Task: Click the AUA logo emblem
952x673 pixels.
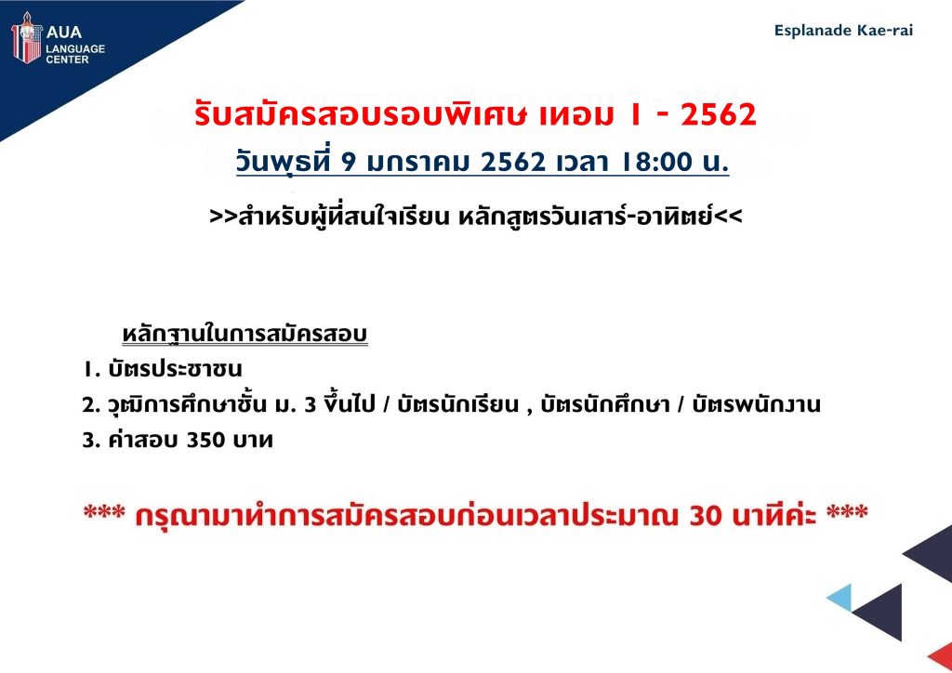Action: pyautogui.click(x=26, y=37)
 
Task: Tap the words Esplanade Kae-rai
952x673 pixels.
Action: pyautogui.click(x=843, y=31)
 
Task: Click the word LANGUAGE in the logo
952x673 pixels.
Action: pyautogui.click(x=75, y=48)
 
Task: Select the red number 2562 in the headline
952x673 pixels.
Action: pyautogui.click(x=719, y=114)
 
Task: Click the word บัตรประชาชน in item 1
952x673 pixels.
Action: pyautogui.click(x=175, y=368)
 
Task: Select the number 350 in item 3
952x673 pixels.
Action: pyautogui.click(x=205, y=440)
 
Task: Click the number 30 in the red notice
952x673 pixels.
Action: pyautogui.click(x=707, y=515)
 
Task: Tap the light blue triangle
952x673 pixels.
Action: pyautogui.click(x=840, y=597)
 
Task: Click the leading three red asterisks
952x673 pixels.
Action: pyautogui.click(x=104, y=511)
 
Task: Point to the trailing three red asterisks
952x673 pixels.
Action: pyautogui.click(x=847, y=511)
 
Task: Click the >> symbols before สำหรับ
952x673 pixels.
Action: pyautogui.click(x=223, y=217)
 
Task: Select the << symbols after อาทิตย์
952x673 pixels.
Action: pyautogui.click(x=728, y=217)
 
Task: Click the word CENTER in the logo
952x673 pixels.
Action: pyautogui.click(x=67, y=59)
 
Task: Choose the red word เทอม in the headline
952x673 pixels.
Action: pyautogui.click(x=576, y=114)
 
